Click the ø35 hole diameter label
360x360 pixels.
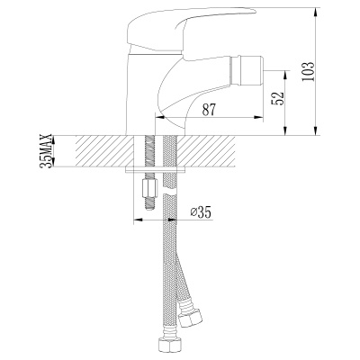click(x=202, y=212)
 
